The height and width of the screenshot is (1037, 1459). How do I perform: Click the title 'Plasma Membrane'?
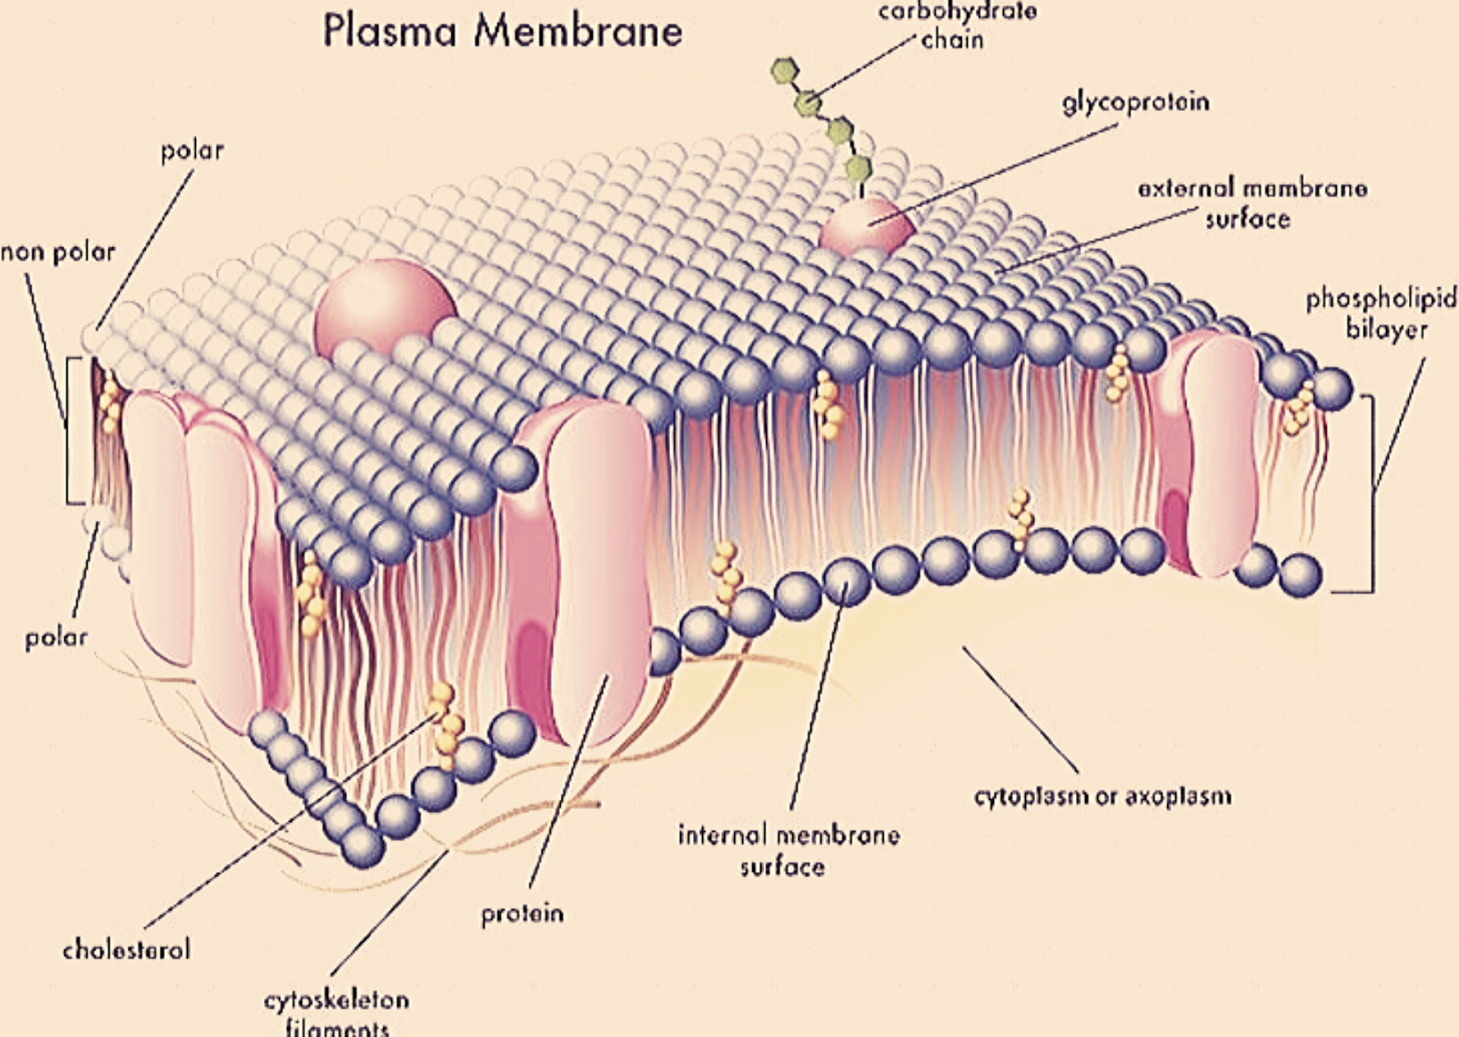point(502,31)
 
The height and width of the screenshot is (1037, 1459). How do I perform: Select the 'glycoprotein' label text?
point(1135,101)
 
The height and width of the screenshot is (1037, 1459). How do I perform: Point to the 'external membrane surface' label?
point(1251,203)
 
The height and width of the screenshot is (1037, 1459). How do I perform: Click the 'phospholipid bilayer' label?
point(1381,313)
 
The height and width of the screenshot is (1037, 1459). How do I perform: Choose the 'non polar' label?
point(57,252)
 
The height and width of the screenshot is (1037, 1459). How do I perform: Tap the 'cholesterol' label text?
point(127,949)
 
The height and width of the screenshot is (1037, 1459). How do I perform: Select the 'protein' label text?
point(523,913)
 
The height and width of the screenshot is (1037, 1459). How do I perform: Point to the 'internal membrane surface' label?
point(788,850)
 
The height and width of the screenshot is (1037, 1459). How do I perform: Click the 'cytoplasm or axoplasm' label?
point(1102,796)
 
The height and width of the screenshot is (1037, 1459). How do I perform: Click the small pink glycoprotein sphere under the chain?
point(864,227)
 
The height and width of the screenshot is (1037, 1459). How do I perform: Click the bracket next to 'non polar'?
point(68,429)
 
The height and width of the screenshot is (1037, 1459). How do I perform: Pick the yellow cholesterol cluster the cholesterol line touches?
point(446,721)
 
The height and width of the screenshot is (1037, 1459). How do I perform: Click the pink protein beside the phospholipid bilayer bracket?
point(1208,456)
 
